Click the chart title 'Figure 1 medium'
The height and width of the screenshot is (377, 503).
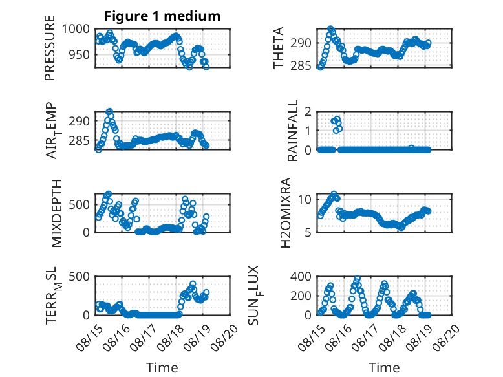(162, 16)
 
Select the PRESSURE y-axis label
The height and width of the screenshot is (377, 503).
(50, 48)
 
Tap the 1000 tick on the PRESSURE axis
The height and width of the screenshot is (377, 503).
(76, 29)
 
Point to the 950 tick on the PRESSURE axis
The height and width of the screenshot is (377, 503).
(80, 54)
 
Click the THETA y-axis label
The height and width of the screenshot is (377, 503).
(279, 48)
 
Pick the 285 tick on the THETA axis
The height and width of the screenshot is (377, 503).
(301, 66)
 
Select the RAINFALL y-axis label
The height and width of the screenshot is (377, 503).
(293, 131)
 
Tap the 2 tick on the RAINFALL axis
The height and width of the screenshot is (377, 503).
(308, 112)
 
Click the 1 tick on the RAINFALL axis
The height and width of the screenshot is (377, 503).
(308, 131)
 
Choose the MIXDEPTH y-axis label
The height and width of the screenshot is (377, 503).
(56, 213)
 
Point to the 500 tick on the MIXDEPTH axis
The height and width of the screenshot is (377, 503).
(80, 205)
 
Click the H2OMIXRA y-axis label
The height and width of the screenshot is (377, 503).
(285, 213)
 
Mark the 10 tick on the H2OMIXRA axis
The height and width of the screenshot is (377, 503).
(305, 200)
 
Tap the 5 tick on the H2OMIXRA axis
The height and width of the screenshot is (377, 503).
(308, 232)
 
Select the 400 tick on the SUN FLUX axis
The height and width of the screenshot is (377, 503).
(301, 276)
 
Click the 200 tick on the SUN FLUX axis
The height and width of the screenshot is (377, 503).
(301, 296)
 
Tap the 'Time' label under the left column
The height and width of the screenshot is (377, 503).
(162, 368)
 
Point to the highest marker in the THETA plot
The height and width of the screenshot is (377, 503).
(331, 29)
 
